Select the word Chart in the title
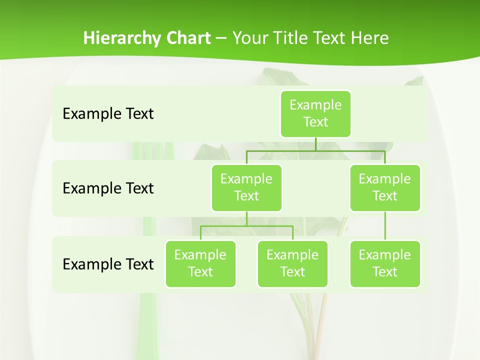point(187,38)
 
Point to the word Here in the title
point(369,38)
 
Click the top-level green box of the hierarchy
point(315,113)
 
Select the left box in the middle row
point(246,187)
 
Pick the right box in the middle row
point(385,187)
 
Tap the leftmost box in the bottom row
point(200,263)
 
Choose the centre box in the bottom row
point(292,263)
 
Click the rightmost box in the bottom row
point(385,263)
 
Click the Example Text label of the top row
point(108,114)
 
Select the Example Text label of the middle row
point(108,188)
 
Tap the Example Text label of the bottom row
point(108,264)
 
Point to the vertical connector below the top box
point(315,144)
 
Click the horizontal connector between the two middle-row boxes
point(315,150)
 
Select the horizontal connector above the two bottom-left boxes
point(246,226)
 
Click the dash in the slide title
point(221,38)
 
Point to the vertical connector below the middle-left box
point(246,218)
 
